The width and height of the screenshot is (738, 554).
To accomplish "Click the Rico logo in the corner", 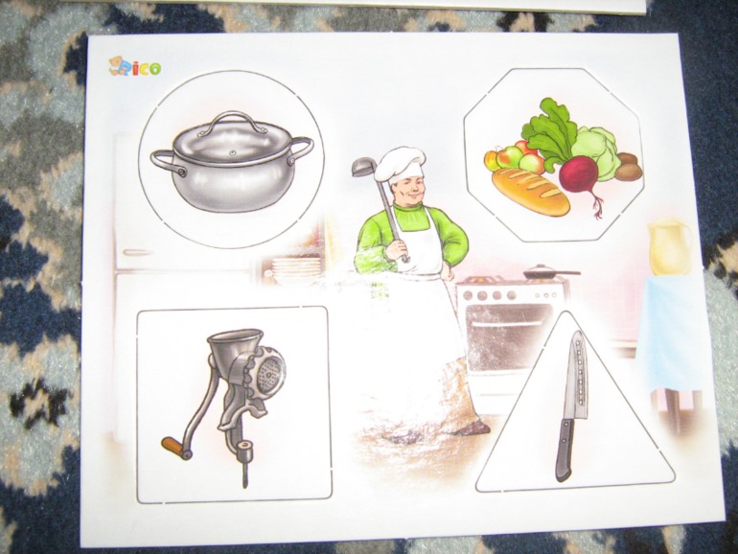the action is tap(134, 67).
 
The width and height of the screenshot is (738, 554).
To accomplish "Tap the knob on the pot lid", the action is tap(232, 152).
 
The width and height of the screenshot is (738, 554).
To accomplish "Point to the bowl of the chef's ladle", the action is tap(364, 168).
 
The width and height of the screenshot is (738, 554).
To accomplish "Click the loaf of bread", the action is tap(531, 192).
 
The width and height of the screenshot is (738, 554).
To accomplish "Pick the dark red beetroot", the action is tap(580, 176).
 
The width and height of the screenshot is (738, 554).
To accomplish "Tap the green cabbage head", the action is tap(595, 150).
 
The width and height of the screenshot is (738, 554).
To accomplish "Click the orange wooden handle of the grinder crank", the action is tap(173, 447).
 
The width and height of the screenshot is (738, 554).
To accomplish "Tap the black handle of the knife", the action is tap(565, 449).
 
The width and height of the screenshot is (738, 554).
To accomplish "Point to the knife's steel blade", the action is tap(577, 375).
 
